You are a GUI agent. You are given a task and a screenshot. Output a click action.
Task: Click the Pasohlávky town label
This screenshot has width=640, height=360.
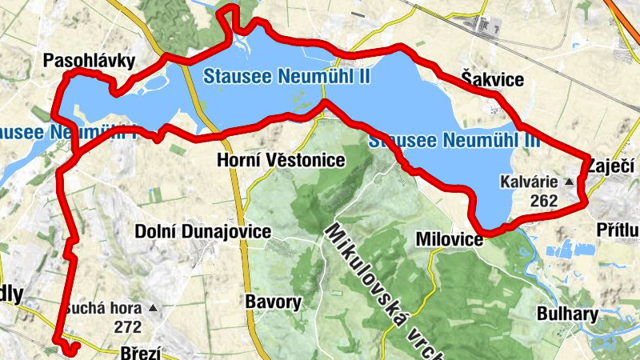90,61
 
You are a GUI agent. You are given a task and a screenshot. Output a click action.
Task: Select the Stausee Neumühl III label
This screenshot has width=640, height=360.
454,142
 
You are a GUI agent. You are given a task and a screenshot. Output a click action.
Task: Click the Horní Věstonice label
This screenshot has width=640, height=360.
281,161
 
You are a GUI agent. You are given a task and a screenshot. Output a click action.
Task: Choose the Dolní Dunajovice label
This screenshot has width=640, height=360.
203,232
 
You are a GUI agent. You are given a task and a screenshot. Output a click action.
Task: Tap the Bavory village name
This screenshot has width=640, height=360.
274,302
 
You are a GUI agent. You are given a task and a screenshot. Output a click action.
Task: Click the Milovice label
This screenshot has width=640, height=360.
450,239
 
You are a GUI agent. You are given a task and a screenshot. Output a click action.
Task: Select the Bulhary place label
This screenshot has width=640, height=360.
568,314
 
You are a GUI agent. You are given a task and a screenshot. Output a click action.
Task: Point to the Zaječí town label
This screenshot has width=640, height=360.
612,166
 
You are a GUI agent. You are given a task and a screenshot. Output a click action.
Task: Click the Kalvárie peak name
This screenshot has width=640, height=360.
530,182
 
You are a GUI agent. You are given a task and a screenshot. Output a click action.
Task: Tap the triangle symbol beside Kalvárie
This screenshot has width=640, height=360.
569,182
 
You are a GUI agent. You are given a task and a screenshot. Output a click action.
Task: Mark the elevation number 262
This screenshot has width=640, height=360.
543,200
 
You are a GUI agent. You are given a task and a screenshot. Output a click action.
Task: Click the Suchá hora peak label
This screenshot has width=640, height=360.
103,308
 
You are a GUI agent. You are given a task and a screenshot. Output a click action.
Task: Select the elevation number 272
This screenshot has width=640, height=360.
127,326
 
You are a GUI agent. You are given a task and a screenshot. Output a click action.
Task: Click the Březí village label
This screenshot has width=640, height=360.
139,352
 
